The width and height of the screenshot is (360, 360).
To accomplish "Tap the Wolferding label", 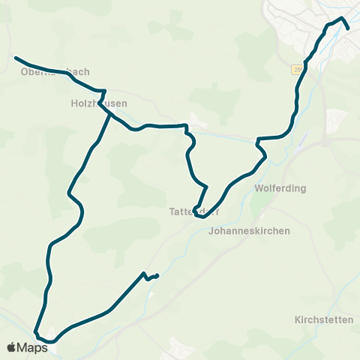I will [280, 188].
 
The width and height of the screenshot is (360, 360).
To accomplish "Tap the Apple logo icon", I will [11, 348].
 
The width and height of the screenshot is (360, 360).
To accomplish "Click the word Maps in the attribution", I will [33, 348].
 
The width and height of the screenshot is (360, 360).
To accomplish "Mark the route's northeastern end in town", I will [349, 28].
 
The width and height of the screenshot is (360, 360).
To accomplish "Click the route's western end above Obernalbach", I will [16, 57].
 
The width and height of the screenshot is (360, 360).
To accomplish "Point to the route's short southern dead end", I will [157, 275].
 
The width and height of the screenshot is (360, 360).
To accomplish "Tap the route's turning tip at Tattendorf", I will [195, 210].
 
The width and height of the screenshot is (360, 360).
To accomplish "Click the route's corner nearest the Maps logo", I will [35, 331].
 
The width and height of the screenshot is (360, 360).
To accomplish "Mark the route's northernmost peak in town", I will [342, 17].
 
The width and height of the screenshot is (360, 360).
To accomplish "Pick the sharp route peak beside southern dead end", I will [143, 273].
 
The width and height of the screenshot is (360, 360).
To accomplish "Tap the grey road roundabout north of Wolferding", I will [327, 142].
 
